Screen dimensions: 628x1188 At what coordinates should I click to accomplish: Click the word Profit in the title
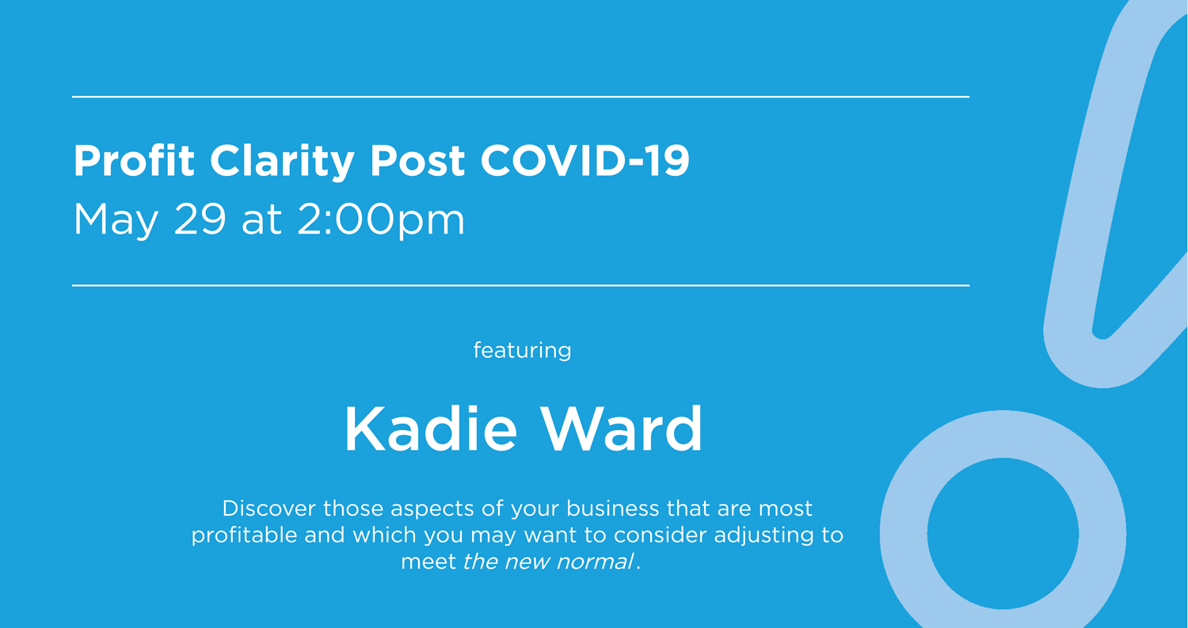[134, 162]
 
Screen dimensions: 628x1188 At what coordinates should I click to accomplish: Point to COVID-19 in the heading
[585, 162]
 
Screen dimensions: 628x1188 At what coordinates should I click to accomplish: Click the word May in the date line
[116, 221]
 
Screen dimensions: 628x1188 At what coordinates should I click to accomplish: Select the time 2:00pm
[381, 221]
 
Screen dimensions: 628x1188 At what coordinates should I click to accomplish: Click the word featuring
[522, 350]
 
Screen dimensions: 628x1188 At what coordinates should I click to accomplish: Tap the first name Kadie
[431, 429]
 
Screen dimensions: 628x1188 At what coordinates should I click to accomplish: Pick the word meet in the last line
[428, 562]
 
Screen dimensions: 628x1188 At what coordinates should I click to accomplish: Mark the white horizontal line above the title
[520, 97]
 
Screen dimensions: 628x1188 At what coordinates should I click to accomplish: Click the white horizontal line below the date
[520, 285]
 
